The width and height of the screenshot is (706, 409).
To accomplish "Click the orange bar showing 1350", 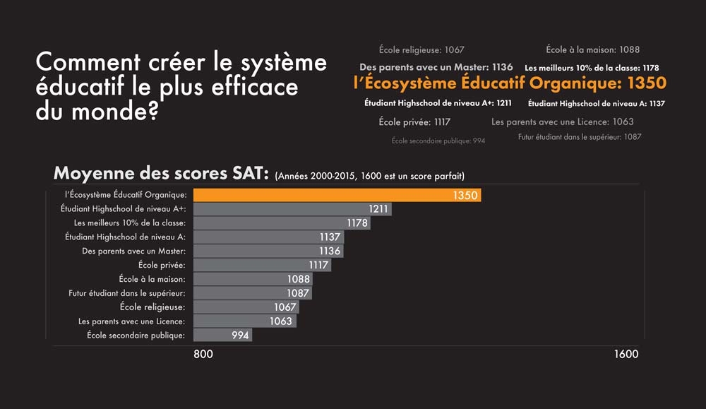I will [337, 195].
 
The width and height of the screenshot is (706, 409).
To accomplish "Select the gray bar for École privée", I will [261, 265].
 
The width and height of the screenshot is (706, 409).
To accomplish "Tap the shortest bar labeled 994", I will [222, 335].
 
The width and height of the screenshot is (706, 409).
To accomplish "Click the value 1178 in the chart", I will [358, 223].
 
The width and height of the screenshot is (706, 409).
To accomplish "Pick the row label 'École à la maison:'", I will [152, 279].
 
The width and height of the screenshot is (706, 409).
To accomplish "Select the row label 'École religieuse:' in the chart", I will [152, 307].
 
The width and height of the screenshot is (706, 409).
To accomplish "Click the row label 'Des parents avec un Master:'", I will [133, 251].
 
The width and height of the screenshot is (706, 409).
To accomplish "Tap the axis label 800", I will [203, 355].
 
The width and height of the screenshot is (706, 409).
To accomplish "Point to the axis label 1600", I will [626, 355].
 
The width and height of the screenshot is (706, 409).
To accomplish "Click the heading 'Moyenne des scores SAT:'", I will [161, 174].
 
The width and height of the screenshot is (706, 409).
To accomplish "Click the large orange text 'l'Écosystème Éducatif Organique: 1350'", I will [509, 83].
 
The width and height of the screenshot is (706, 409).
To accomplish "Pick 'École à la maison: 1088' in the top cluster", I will [592, 49].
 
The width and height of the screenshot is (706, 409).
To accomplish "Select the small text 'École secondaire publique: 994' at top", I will [438, 141].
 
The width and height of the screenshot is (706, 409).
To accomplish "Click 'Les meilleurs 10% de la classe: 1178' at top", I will [592, 68].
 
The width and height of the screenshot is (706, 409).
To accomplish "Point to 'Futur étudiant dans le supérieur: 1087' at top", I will [579, 137].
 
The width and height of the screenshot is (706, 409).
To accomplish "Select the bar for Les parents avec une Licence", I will [244, 321].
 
